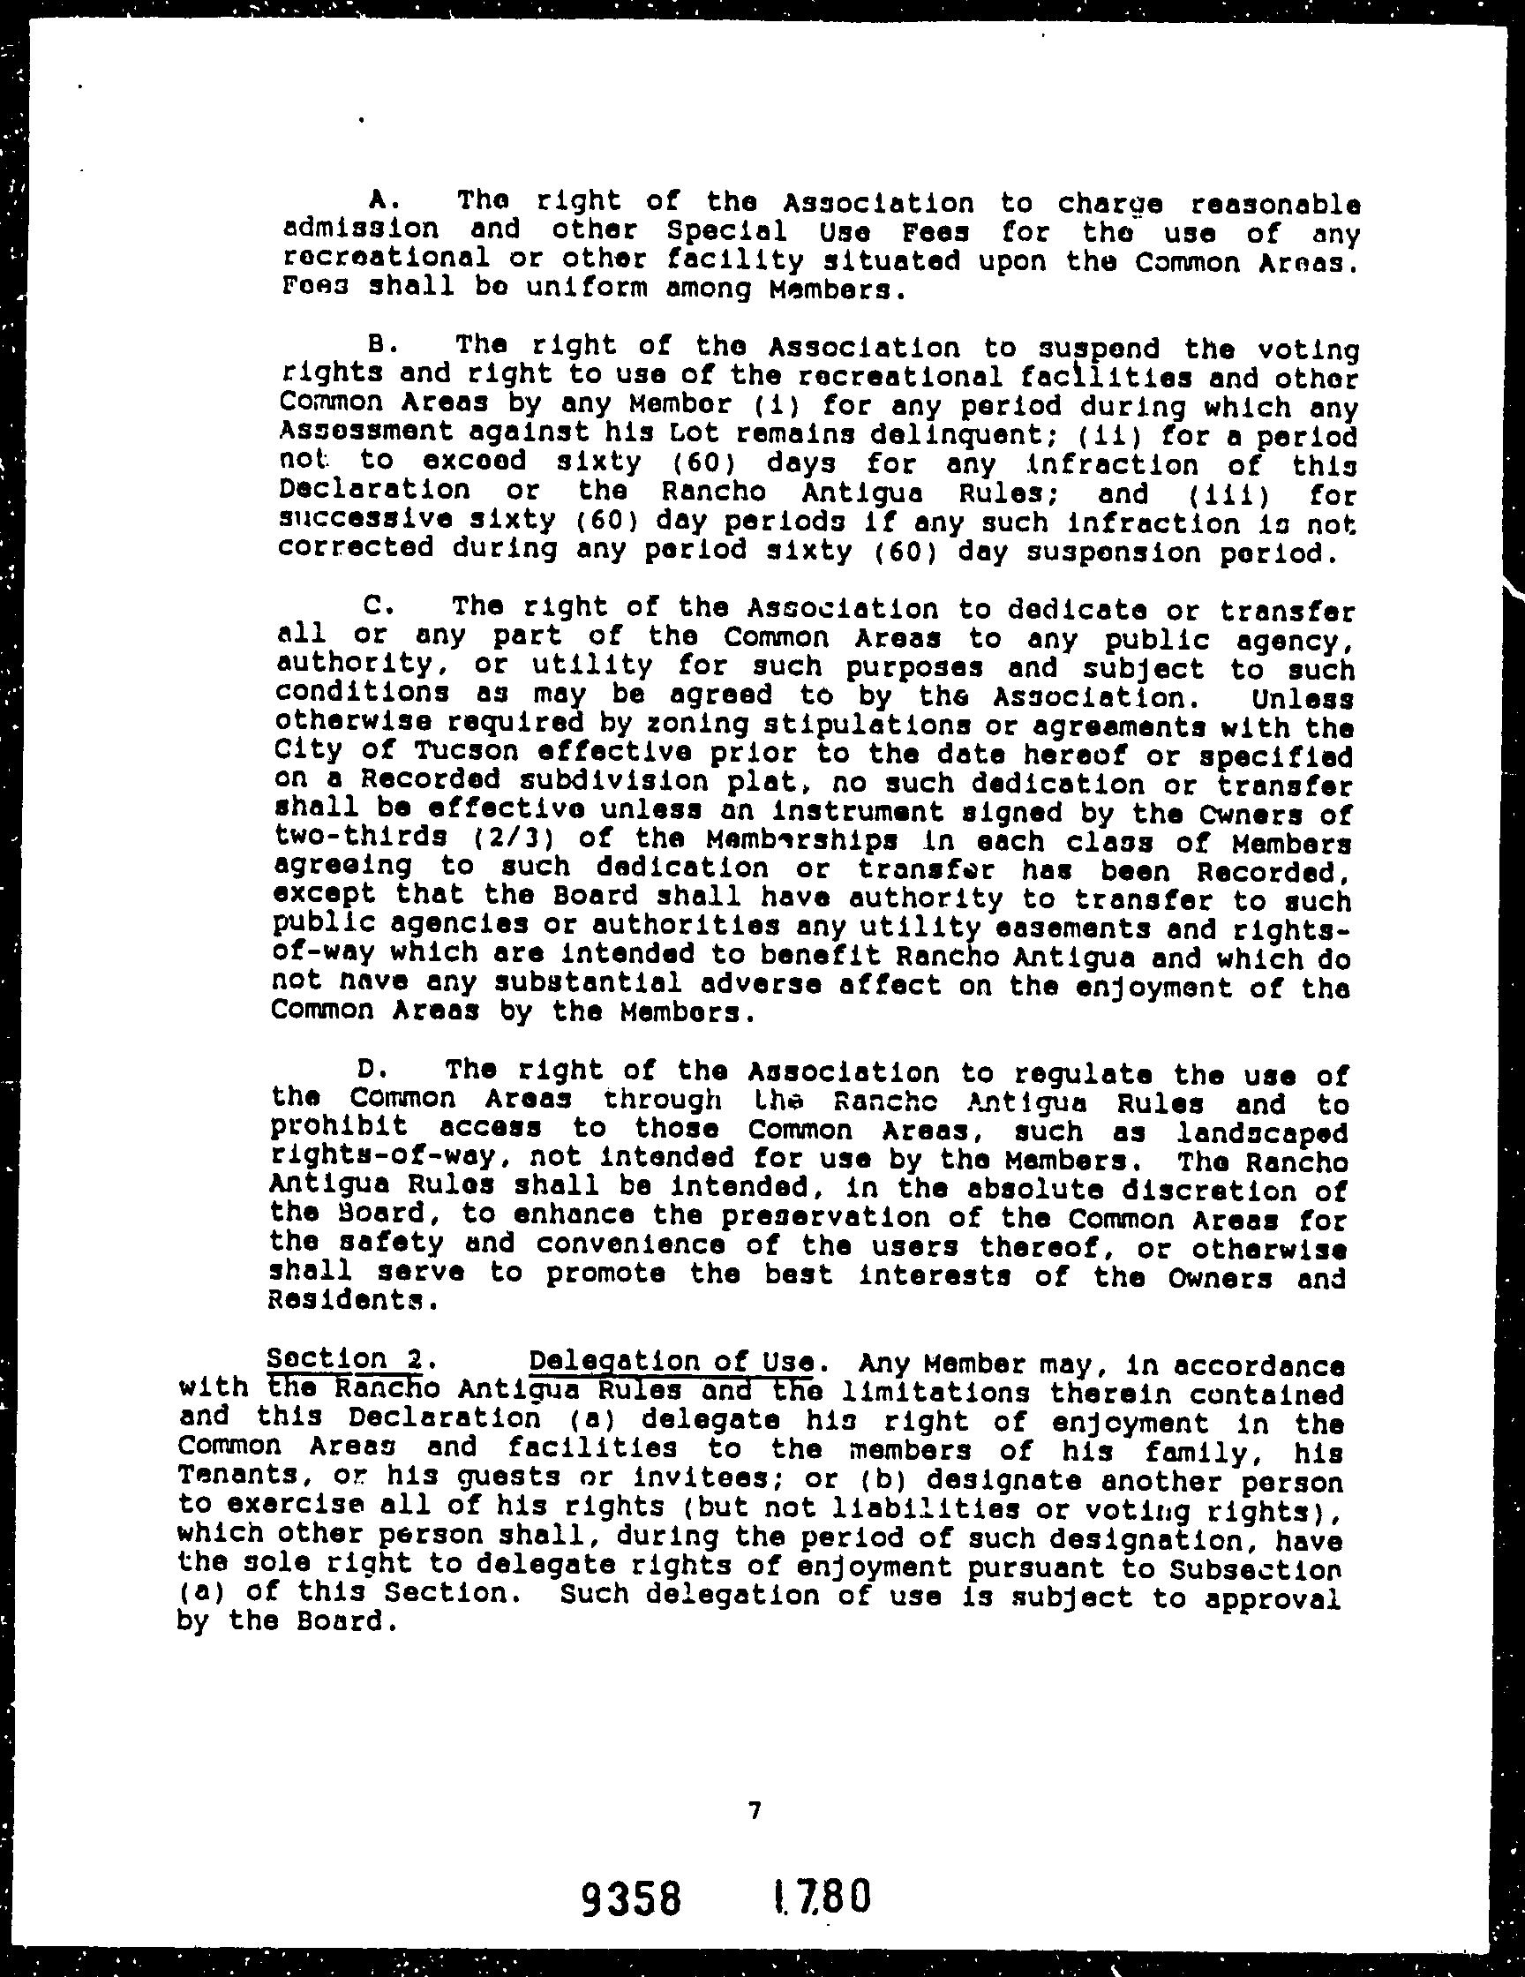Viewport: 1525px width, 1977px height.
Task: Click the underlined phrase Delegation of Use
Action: tap(674, 1361)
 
